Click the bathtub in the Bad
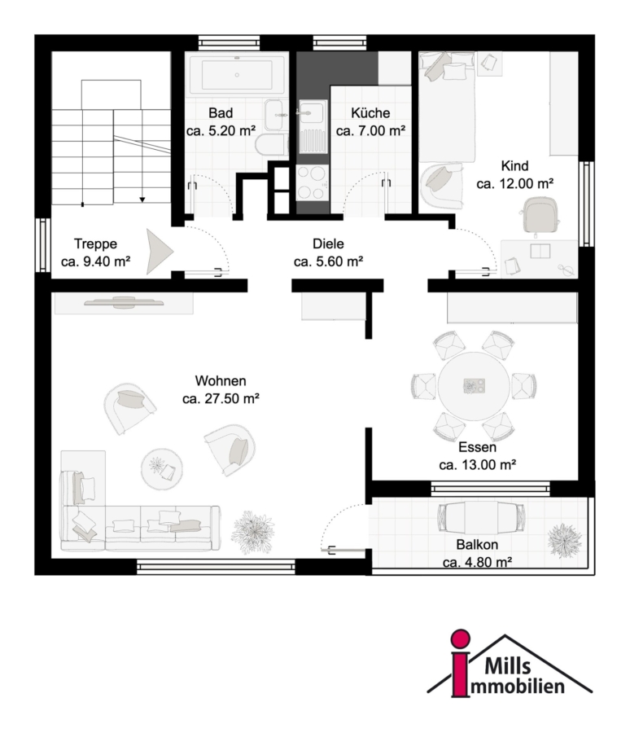coord(237,75)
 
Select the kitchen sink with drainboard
coord(312,126)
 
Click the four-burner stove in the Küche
coord(313,182)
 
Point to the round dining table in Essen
coord(474,386)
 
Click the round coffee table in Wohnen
coord(162,469)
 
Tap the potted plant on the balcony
coord(565,540)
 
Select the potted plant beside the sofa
coord(253,532)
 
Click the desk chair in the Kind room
coord(540,214)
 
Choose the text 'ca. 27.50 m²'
coord(221,399)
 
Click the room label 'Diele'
coord(328,244)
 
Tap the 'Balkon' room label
coord(477,545)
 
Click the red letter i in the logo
coord(461,662)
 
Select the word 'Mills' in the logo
coord(508,665)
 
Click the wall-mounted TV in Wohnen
coord(124,302)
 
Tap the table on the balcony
coord(481,517)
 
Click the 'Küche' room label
coord(370,112)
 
